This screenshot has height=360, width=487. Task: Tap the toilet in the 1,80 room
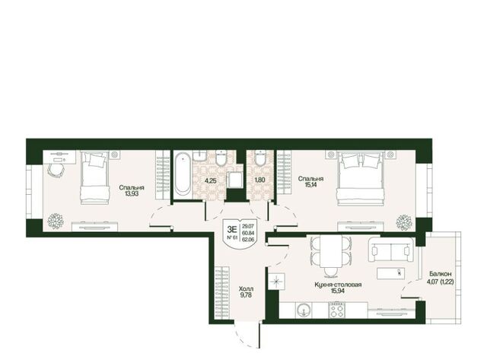click(259, 158)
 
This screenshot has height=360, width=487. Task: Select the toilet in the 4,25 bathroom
click(221, 158)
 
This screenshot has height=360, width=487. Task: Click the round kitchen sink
click(303, 310)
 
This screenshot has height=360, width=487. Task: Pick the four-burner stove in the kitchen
click(337, 310)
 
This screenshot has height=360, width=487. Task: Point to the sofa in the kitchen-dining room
click(391, 250)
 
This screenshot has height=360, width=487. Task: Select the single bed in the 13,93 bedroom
click(94, 177)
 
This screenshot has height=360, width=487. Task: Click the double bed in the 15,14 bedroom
click(361, 178)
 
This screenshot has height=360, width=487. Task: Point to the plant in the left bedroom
click(56, 221)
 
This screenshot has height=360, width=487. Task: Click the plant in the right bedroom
click(404, 222)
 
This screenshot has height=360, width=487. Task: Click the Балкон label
click(441, 274)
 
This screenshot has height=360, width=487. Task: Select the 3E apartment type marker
click(232, 229)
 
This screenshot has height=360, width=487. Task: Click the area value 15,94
click(338, 291)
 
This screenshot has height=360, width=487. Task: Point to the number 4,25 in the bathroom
click(211, 180)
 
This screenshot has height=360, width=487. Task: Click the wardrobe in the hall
click(221, 293)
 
